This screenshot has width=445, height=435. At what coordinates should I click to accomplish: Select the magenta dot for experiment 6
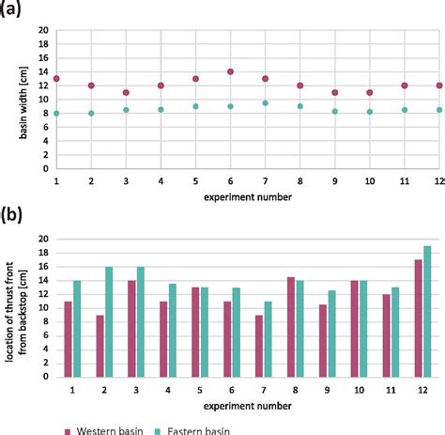point(230,71)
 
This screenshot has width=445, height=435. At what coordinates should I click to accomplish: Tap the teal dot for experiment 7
point(265,103)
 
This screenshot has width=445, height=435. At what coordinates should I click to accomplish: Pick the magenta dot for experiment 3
point(126,92)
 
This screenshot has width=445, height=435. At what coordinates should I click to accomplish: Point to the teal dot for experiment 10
point(369,112)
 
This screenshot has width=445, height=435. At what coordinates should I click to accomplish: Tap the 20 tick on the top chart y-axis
point(42,30)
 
